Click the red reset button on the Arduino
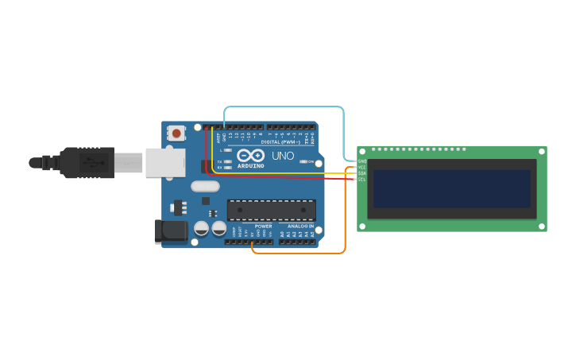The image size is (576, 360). pos(176,132)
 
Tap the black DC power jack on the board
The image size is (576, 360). pos(169,230)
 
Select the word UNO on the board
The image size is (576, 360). pos(283,156)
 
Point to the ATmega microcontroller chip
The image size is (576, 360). pos(271,210)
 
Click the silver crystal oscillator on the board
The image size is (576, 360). pos(205,187)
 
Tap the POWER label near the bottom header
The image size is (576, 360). pos(263,226)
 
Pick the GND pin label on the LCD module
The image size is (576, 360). pos(362,161)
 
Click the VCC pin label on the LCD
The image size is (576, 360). pos(362,168)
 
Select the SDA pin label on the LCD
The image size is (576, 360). pos(362,173)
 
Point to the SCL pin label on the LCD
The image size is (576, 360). pos(362,180)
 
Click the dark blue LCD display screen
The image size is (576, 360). pos(451,188)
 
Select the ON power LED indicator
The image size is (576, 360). pos(305,161)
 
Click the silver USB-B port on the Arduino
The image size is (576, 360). pos(164,162)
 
